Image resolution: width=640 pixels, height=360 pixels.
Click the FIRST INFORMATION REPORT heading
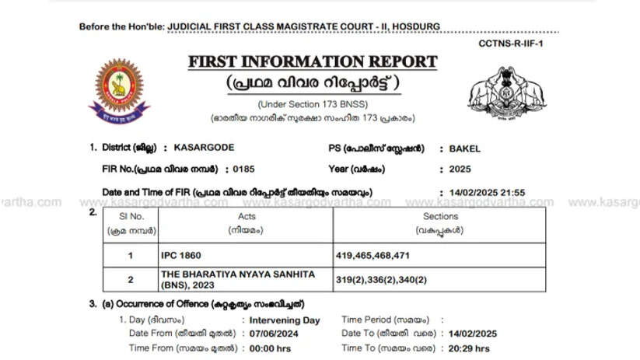pyautogui.click(x=312, y=63)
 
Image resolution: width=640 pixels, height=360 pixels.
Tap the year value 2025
pyautogui.click(x=450, y=168)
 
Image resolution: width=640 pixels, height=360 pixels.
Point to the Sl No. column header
pyautogui.click(x=131, y=222)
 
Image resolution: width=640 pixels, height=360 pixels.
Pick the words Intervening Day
pyautogui.click(x=285, y=320)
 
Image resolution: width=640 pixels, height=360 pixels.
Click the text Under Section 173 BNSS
pyautogui.click(x=313, y=104)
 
